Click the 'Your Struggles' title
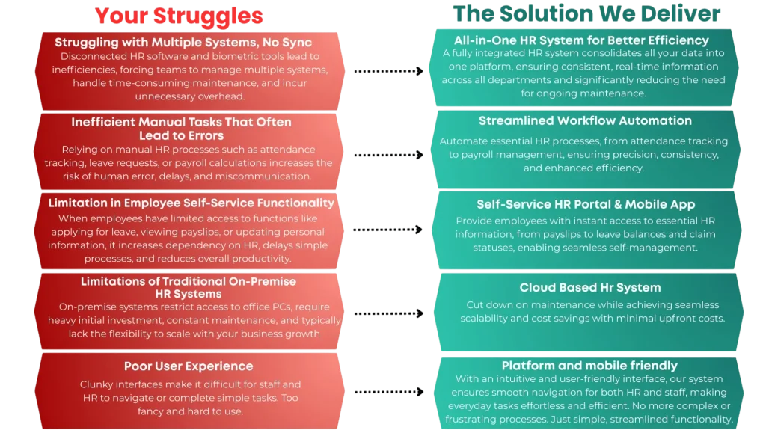pos(179,16)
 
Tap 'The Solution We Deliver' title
pos(586,13)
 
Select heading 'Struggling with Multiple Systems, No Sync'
pos(183,43)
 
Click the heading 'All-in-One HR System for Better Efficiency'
pos(581,40)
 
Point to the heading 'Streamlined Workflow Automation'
pos(585,120)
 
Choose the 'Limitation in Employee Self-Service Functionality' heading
pos(191,203)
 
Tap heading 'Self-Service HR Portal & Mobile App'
pos(586,204)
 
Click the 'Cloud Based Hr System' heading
pos(590,287)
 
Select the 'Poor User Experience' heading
pos(189,366)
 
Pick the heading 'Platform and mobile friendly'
pos(589,366)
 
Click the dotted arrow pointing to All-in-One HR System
pos(389,71)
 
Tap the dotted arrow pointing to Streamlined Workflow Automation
pos(389,155)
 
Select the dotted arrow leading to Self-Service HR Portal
pos(388,229)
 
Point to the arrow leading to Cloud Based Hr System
pos(389,313)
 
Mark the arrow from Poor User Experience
pos(389,391)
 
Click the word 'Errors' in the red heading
pos(204,135)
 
